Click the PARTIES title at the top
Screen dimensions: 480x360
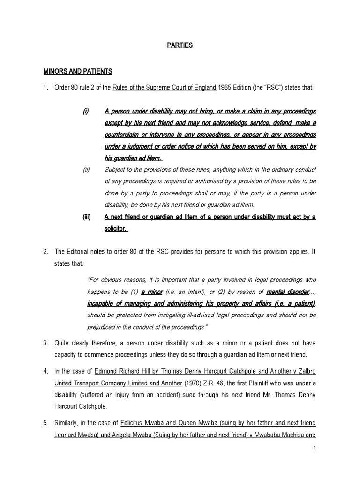pos(180,45)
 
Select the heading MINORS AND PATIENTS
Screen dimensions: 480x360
pos(78,71)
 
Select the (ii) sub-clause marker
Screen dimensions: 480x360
pos(86,170)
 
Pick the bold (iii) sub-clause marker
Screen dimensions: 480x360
pos(86,217)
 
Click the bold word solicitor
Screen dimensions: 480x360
pos(116,228)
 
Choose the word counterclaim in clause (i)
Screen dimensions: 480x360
pos(123,135)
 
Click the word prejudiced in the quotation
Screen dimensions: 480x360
pos(103,326)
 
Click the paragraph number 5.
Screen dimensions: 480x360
pos(46,422)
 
